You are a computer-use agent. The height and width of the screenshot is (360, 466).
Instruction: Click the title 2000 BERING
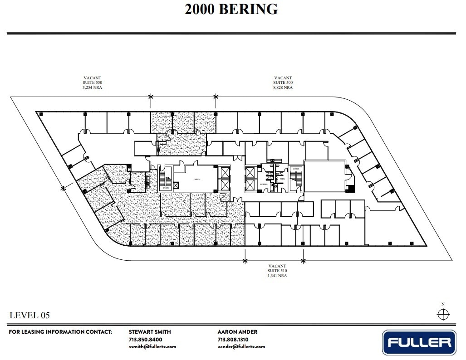click(x=231, y=9)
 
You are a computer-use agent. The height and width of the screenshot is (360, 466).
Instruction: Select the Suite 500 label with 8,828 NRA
click(x=283, y=83)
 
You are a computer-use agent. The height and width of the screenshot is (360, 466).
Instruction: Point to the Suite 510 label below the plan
click(x=277, y=271)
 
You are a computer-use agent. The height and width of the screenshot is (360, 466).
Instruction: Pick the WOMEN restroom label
click(x=263, y=185)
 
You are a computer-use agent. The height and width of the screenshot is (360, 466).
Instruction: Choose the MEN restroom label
click(x=282, y=179)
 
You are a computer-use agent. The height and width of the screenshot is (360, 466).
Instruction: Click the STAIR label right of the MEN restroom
click(x=296, y=169)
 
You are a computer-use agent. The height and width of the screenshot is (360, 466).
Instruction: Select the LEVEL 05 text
click(x=29, y=315)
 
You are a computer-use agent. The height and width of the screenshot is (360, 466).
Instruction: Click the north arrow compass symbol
click(x=443, y=314)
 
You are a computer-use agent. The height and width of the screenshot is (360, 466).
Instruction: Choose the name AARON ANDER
click(x=237, y=332)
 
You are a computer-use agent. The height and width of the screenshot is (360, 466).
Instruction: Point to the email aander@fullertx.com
click(x=241, y=346)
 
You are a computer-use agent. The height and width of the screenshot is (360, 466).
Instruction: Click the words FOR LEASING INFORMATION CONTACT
click(x=60, y=332)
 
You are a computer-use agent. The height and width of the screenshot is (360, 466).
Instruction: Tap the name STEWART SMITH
click(x=150, y=332)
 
